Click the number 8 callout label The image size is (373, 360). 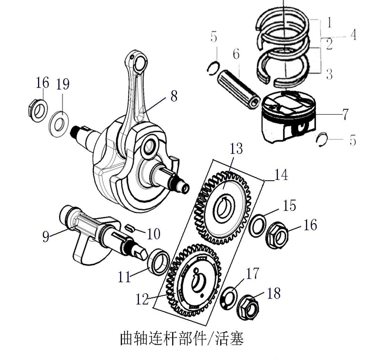[174, 96]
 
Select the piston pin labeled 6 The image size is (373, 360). [238, 88]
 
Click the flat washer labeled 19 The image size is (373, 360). [59, 121]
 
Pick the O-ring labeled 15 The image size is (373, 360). [258, 225]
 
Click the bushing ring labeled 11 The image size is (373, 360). [159, 262]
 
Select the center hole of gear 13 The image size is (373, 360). [225, 208]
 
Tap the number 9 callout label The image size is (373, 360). [45, 237]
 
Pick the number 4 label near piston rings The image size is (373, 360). [353, 35]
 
